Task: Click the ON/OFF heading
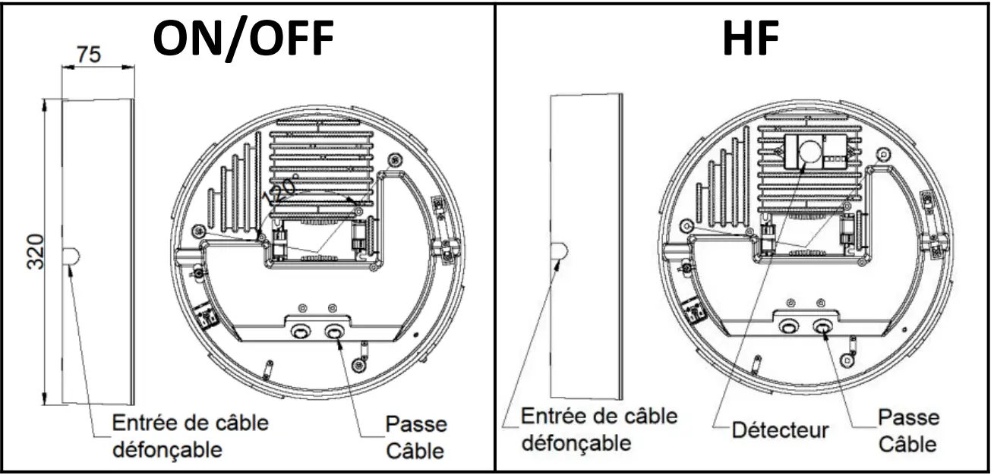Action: [x=243, y=38]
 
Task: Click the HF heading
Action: [x=750, y=38]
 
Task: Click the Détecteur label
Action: [x=780, y=430]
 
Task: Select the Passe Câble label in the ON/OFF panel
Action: [x=415, y=437]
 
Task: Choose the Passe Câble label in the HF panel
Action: [x=908, y=429]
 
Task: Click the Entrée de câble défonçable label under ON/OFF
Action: [x=190, y=436]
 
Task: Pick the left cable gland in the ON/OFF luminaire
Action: [x=300, y=332]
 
